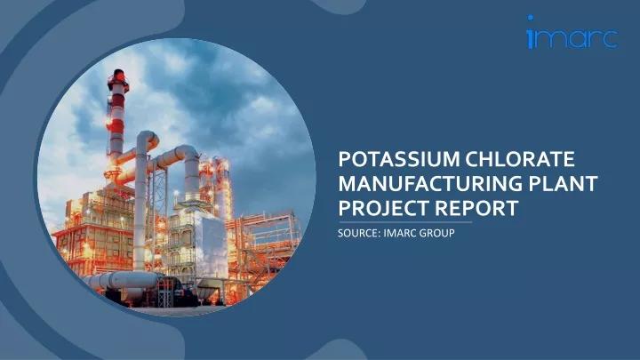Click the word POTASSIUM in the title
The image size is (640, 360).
[x=400, y=159]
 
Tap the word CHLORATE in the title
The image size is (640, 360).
[x=520, y=159]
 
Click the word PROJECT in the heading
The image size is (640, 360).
[x=383, y=208]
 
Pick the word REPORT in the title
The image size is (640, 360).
[x=476, y=208]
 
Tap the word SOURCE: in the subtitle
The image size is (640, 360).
[x=359, y=233]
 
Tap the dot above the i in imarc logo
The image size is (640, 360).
[x=530, y=18]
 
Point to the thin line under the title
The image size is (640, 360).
[x=405, y=222]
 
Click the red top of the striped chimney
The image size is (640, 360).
[x=119, y=76]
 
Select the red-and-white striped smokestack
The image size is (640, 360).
[x=117, y=118]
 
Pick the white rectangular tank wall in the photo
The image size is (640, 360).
[x=212, y=245]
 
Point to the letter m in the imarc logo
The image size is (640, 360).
[x=548, y=39]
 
